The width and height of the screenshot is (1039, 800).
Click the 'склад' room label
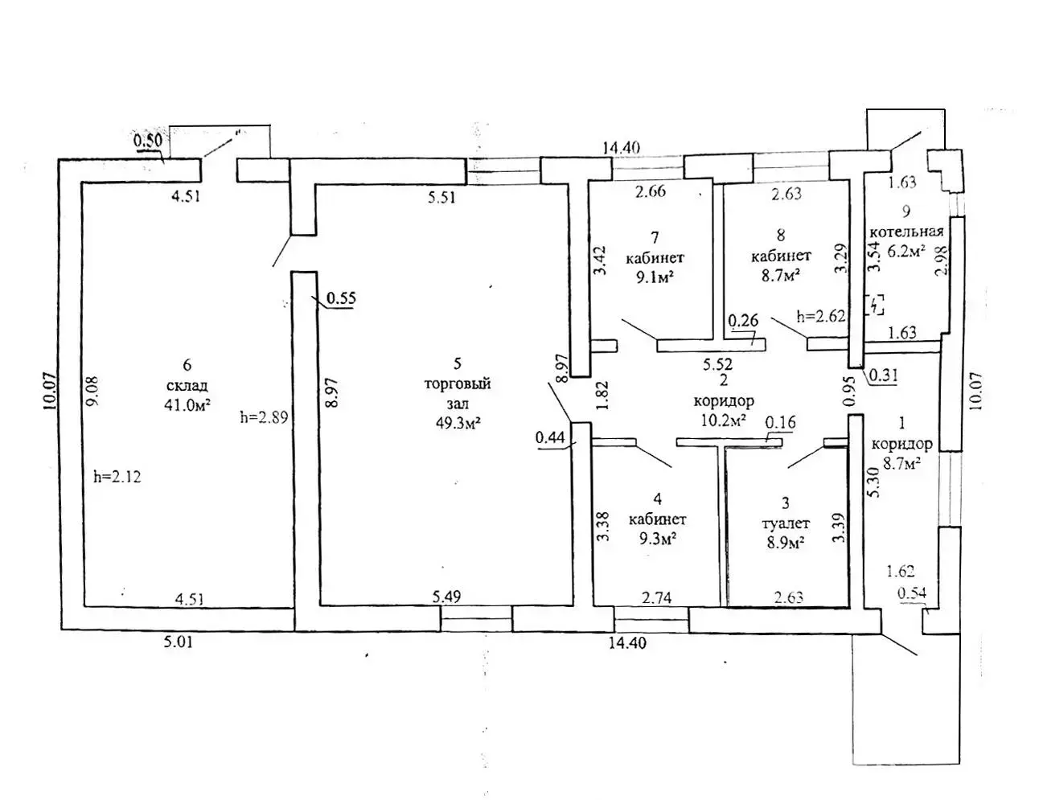187,386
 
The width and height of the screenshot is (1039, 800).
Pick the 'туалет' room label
783,523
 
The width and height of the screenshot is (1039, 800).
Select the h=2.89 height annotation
264,417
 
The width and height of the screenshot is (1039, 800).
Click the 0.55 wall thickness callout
341,298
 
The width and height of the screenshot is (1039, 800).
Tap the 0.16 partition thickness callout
780,422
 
